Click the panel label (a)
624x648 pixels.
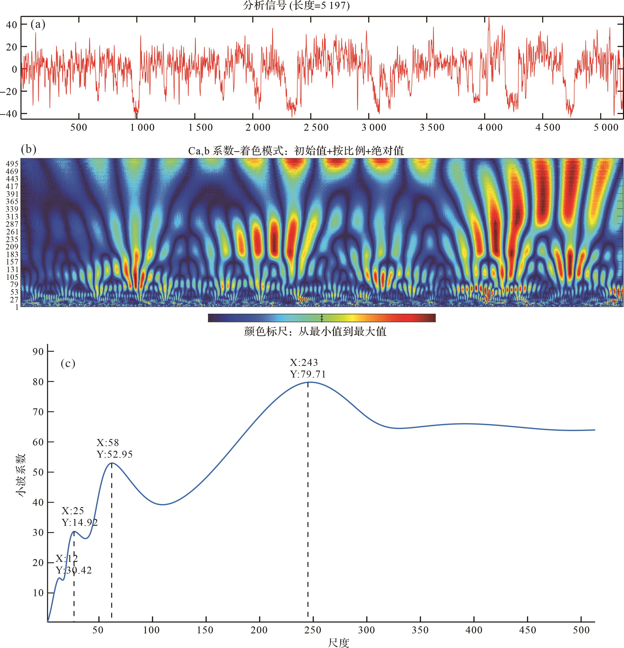(38, 24)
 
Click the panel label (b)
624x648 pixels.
(28, 149)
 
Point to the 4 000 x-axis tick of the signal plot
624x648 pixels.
(490, 128)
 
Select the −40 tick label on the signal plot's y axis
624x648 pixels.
(9, 114)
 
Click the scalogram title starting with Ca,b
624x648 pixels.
(296, 151)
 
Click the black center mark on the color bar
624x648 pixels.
(322, 318)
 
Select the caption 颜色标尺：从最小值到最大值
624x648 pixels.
(315, 331)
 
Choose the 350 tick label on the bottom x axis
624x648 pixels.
(420, 630)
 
